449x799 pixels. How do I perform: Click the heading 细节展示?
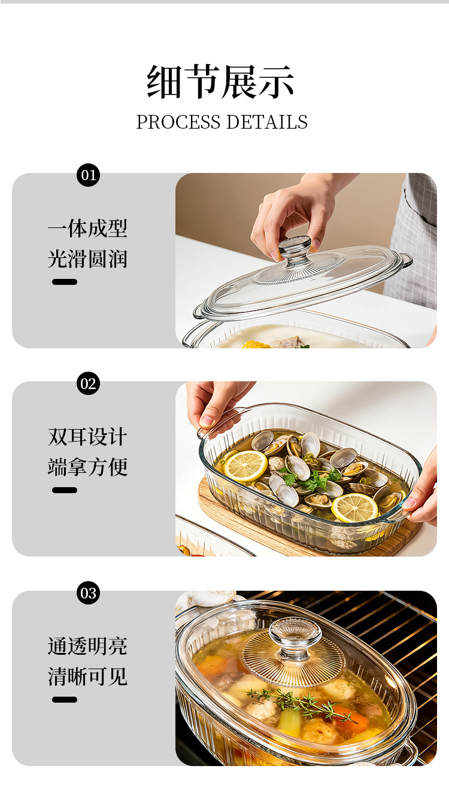pos(220,82)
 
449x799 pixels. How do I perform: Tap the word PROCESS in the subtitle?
pos(178,122)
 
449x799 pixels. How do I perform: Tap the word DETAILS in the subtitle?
pos(267,122)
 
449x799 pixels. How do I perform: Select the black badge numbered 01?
pos(88,175)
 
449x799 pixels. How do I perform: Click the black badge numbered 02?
pos(88,384)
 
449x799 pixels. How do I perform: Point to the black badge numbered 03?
pos(88,593)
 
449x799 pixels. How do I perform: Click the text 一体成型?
pos(87,228)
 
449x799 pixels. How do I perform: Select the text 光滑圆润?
pos(87,259)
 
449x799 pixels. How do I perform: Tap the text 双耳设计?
pos(87,436)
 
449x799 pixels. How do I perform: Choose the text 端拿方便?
pos(87,467)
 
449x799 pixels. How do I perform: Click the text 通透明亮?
pos(87,646)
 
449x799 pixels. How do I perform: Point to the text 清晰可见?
pos(87,676)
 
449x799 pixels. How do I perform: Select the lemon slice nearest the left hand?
pos(245,466)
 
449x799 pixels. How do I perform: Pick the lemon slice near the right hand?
pos(354,508)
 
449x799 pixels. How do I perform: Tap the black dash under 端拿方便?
pos(65,490)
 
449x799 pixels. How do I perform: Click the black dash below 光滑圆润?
pos(65,282)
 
